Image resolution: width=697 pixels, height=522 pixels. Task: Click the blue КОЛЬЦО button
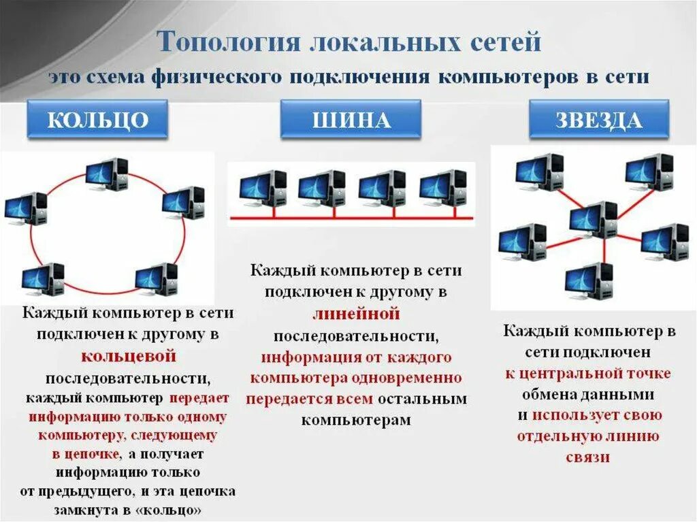[97, 120]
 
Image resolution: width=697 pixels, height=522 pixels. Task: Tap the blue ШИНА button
[351, 120]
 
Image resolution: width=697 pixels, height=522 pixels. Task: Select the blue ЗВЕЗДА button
[598, 120]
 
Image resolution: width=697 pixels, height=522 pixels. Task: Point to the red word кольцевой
[129, 356]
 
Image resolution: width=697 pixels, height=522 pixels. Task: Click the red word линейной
[355, 314]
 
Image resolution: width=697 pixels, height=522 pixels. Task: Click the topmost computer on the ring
[107, 174]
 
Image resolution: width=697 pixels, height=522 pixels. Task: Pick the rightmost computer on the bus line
[443, 188]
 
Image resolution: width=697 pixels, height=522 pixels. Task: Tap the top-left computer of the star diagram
[540, 172]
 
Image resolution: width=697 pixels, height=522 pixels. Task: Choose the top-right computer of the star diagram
[649, 172]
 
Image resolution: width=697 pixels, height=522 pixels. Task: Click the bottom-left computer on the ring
[43, 278]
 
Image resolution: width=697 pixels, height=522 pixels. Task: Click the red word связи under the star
[587, 457]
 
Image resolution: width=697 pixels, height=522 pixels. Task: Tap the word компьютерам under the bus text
[356, 420]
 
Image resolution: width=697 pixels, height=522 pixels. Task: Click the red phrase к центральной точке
[587, 373]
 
